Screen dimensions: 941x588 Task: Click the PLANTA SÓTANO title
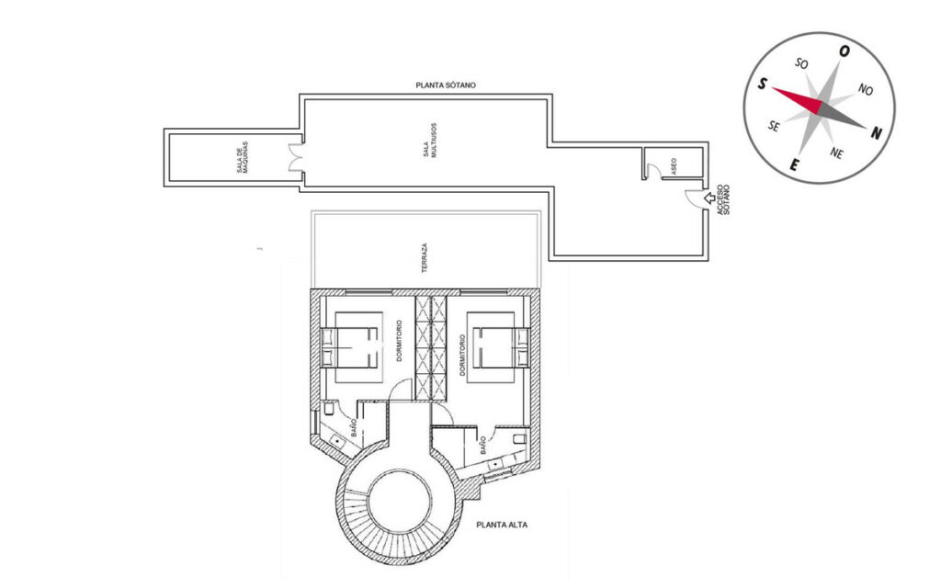click(446, 85)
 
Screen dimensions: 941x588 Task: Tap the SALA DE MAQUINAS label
click(242, 158)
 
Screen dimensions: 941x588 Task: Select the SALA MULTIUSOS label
click(430, 141)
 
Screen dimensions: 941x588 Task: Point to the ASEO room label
click(674, 166)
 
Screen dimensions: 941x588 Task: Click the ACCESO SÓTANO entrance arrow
click(709, 198)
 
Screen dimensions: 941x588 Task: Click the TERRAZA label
click(425, 258)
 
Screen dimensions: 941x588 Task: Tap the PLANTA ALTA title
click(502, 525)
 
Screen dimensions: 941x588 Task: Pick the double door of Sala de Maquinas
click(295, 158)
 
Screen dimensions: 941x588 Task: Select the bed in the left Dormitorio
click(350, 346)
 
